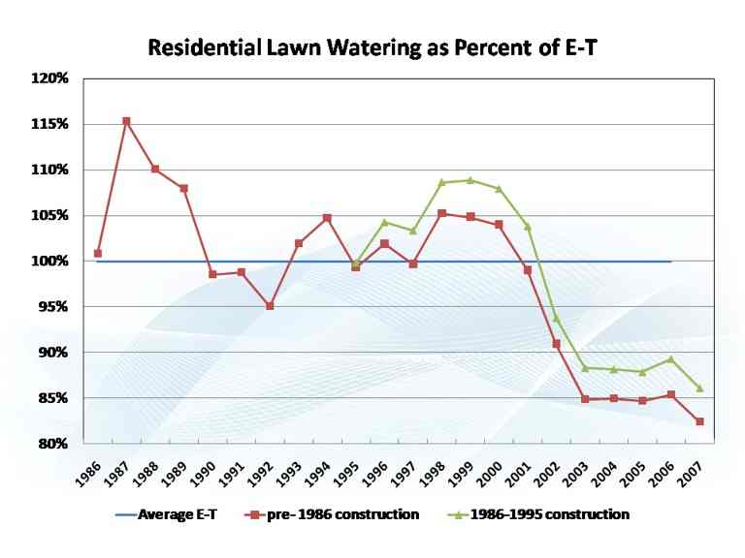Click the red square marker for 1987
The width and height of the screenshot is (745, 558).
pos(126,121)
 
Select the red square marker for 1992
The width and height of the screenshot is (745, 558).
pos(270,306)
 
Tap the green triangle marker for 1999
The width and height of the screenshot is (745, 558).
pos(470,180)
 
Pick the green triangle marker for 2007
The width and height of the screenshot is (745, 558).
pos(699,388)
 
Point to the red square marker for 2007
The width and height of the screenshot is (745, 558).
pos(699,421)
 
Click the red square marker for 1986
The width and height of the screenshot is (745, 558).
pos(98,254)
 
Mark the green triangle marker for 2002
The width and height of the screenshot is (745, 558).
pos(556,318)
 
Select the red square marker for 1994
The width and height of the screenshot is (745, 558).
pos(327,218)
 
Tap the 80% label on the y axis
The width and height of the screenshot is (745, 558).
pos(51,444)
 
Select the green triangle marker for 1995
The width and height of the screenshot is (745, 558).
pos(355,263)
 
